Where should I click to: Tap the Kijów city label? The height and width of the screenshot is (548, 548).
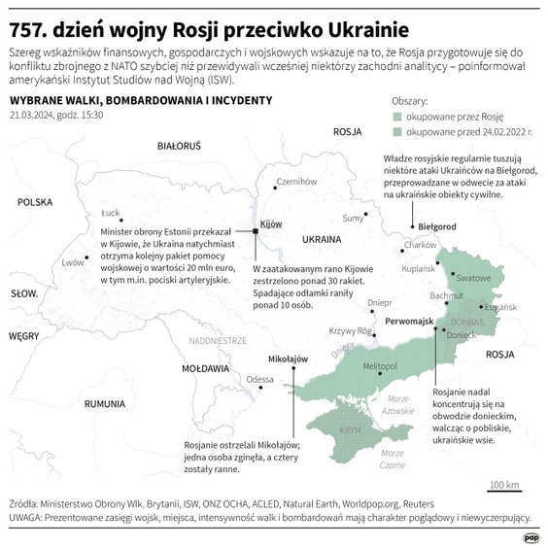click(x=271, y=223)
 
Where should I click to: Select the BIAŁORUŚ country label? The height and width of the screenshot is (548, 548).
click(x=178, y=146)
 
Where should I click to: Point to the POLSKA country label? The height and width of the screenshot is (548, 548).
click(x=34, y=202)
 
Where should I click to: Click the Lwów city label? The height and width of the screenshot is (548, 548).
click(x=73, y=262)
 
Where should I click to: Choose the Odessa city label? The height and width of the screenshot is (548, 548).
click(x=259, y=379)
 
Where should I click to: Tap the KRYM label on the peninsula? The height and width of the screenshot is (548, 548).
click(x=350, y=428)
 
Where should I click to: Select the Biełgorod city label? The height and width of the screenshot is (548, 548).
click(x=430, y=225)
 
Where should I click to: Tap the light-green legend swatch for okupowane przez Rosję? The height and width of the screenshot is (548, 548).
click(x=397, y=115)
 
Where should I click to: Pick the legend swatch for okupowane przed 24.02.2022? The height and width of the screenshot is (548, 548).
click(x=397, y=129)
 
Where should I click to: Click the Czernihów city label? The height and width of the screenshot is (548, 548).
click(x=297, y=181)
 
